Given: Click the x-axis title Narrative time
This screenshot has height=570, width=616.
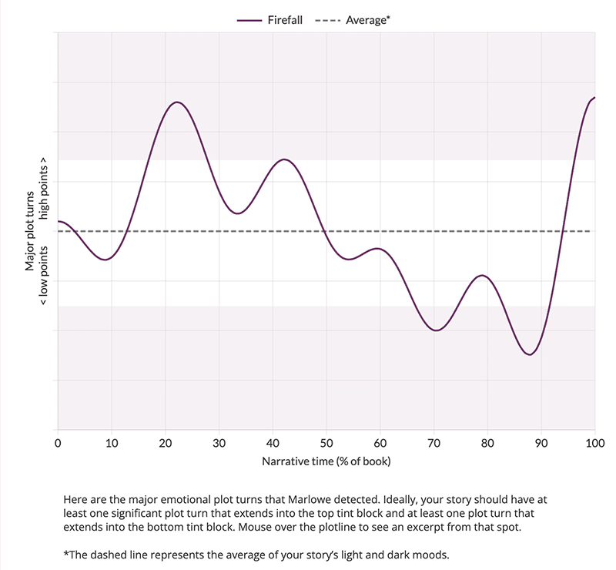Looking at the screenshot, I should [x=326, y=461].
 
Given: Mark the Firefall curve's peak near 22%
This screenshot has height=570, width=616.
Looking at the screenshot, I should [x=177, y=102].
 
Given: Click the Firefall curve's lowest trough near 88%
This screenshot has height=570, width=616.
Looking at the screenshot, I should [x=529, y=355].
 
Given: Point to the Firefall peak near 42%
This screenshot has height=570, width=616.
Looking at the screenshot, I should [x=285, y=159].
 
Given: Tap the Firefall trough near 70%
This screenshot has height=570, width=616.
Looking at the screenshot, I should [x=437, y=330].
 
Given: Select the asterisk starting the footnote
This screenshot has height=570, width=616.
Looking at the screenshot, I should [x=66, y=555].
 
